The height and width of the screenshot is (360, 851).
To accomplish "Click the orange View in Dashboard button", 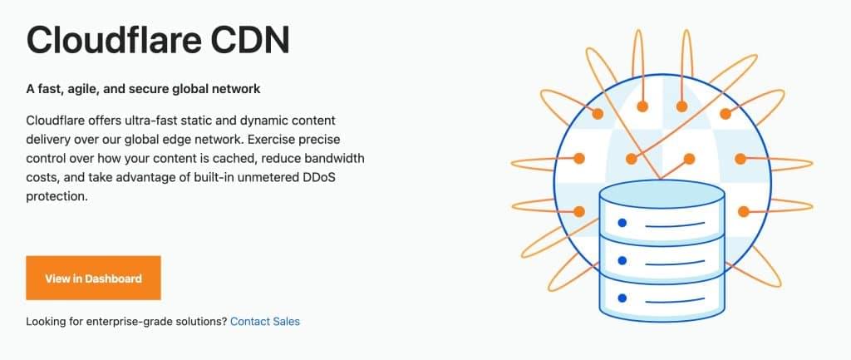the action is [93, 278].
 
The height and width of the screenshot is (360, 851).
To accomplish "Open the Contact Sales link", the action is [265, 322].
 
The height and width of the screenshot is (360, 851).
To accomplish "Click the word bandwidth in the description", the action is [335, 159].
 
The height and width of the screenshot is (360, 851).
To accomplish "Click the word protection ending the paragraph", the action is [57, 196].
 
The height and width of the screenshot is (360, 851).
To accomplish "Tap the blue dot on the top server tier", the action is [622, 223].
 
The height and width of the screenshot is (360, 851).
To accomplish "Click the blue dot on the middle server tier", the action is [622, 260].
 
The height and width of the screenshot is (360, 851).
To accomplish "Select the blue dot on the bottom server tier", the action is [622, 298].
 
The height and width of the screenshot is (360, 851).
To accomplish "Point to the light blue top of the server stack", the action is [662, 194].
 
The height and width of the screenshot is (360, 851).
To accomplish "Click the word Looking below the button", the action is [44, 322].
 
